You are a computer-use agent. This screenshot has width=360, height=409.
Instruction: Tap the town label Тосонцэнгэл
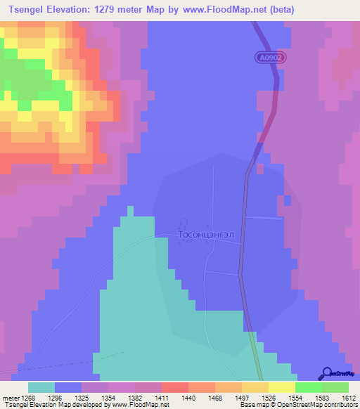210,235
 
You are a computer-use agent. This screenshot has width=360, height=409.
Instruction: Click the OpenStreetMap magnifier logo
326,375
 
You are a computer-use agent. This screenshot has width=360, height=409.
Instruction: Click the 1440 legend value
188,397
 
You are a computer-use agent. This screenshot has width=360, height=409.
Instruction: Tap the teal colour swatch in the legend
41,387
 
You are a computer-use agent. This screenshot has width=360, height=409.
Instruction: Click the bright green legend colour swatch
309,387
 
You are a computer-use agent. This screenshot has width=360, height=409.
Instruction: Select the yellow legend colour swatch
282,387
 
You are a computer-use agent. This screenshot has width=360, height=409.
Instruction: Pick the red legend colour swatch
175,387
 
